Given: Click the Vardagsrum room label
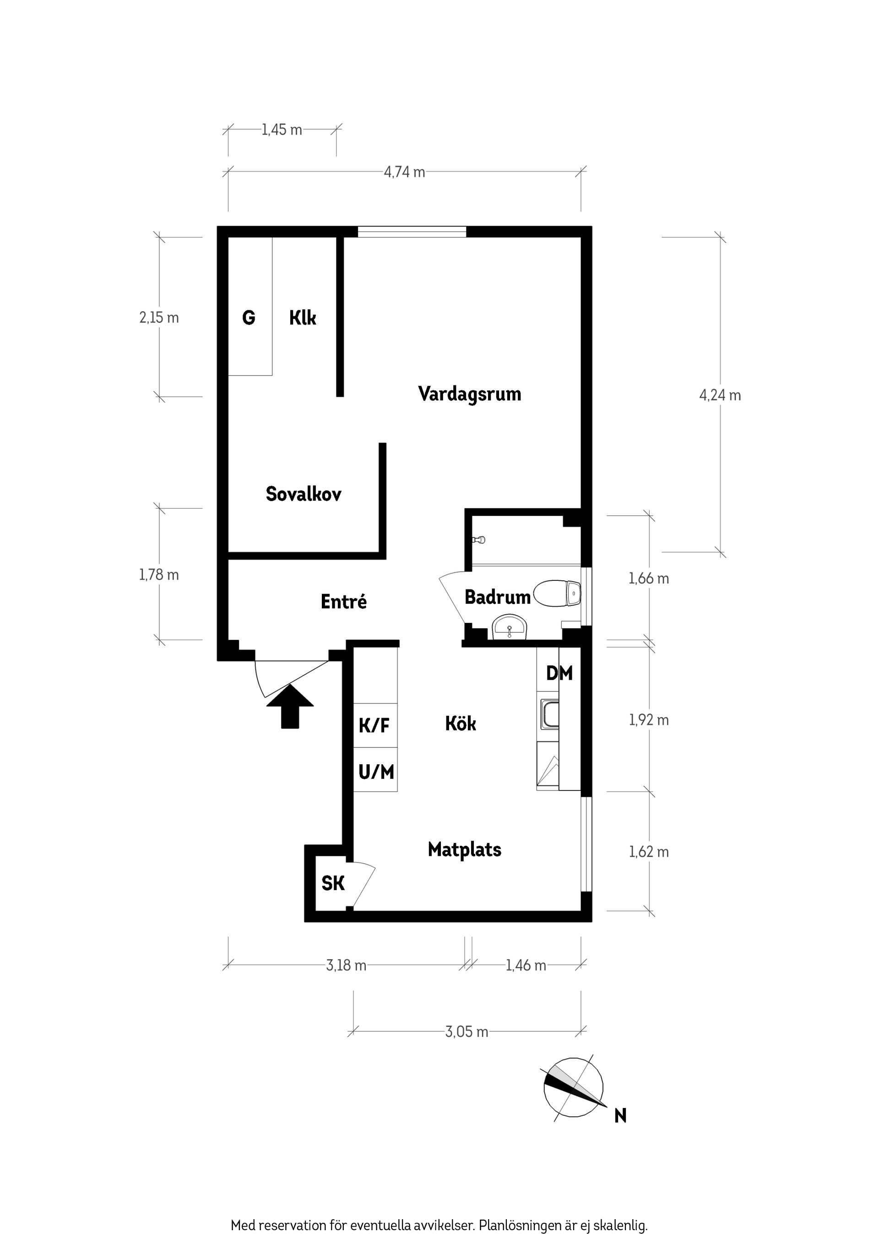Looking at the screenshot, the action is coord(470,394).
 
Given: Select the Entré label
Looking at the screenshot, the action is coord(344,601).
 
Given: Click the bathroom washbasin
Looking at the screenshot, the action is coord(510,628).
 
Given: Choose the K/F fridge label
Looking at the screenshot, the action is coord(374,725).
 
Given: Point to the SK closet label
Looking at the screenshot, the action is coord(332,884).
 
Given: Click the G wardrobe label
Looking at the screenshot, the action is coord(249,317).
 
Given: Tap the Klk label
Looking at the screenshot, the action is coord(303,317).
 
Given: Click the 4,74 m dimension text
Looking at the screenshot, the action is coord(405,172).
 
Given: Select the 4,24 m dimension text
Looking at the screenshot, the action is coord(720,395).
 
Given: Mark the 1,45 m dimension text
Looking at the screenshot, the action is coord(282,130).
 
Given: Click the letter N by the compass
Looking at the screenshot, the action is coord(621,1116).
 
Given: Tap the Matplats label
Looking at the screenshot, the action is coord(465,849).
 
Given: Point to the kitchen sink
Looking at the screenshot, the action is coord(549,713).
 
